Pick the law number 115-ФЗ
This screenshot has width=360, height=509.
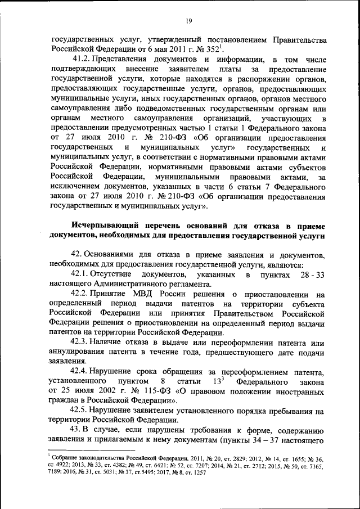point(142,390)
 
